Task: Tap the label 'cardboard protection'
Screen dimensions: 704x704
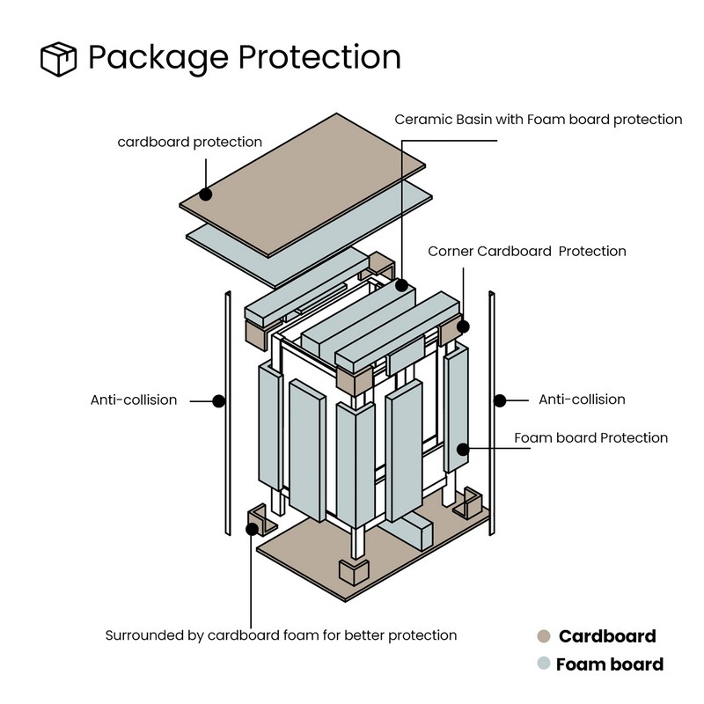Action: click(x=190, y=141)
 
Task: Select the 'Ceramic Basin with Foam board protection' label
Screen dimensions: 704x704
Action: click(x=538, y=119)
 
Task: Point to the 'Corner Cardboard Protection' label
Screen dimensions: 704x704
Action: click(x=527, y=252)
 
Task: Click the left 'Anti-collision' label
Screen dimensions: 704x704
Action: click(x=134, y=400)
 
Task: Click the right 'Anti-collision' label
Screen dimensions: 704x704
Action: click(x=582, y=400)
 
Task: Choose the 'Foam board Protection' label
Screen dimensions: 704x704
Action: click(x=590, y=437)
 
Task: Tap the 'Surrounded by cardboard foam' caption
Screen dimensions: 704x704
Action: click(x=282, y=634)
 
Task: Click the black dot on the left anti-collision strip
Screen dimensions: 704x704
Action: click(x=219, y=400)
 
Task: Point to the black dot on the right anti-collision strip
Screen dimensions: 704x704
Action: click(x=500, y=400)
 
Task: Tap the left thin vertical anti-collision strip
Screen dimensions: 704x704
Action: click(x=226, y=414)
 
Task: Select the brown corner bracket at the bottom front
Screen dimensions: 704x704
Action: click(x=354, y=573)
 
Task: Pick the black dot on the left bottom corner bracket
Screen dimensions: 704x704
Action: click(x=252, y=529)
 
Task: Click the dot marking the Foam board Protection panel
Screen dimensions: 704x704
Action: click(x=459, y=448)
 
